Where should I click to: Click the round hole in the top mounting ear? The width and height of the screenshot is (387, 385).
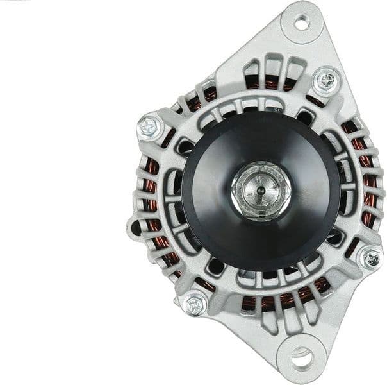coord(301,22)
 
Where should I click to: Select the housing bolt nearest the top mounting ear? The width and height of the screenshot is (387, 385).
coord(326,81)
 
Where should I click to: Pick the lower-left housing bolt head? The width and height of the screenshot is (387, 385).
coord(194,303)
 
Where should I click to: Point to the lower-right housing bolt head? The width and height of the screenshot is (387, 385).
coord(371,258)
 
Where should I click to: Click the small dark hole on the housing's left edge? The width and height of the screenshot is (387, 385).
coord(136,227)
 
